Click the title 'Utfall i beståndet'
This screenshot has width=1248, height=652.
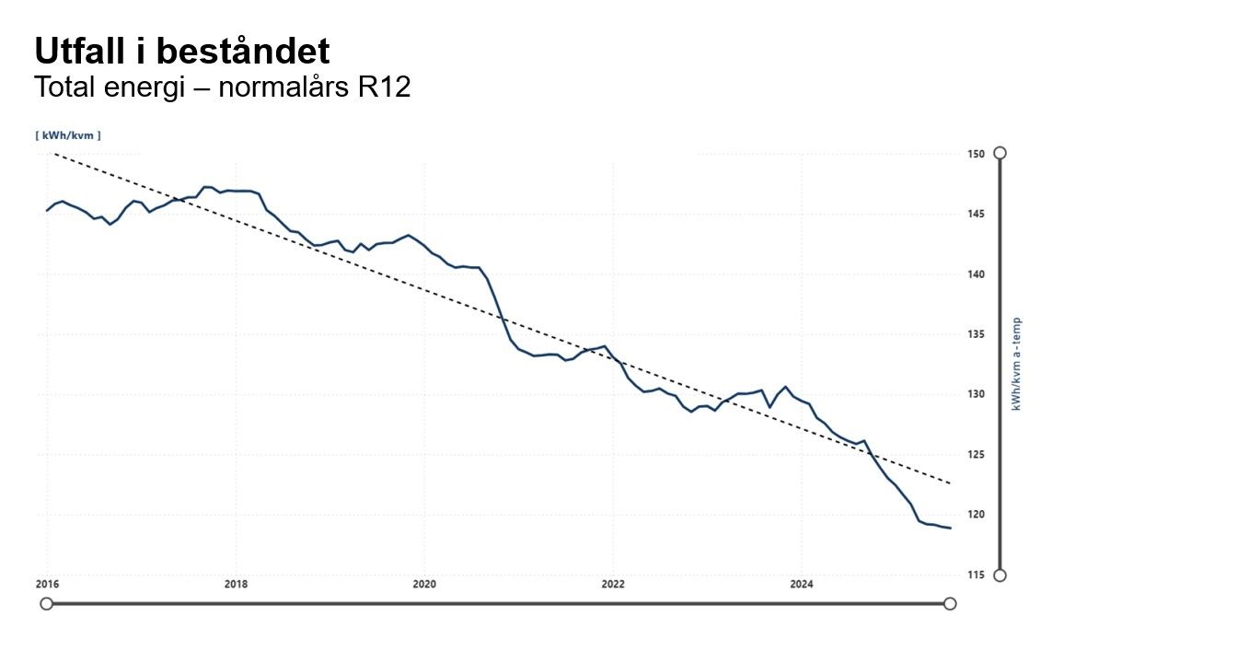[181, 52]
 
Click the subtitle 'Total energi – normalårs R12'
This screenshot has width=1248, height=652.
[222, 88]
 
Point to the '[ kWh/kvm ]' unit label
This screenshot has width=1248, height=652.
[68, 135]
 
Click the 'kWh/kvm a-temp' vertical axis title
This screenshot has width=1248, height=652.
[1017, 364]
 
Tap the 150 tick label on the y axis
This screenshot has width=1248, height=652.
[976, 154]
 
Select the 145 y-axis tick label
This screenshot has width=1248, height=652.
[976, 215]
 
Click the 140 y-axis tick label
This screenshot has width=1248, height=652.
[976, 274]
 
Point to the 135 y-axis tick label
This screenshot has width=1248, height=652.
[976, 335]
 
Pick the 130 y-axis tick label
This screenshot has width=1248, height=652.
[976, 395]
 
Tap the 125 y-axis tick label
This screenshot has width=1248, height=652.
[976, 455]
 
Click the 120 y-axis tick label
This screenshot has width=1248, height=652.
[976, 515]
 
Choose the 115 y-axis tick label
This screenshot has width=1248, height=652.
[976, 576]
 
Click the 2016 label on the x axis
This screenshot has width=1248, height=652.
[47, 584]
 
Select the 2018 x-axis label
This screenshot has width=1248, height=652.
[236, 584]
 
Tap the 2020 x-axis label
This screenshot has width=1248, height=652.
[424, 584]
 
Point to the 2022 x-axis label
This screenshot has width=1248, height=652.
[613, 584]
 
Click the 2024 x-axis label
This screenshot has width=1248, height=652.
[802, 584]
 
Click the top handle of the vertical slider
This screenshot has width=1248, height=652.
[1000, 153]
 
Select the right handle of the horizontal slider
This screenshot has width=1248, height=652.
[950, 603]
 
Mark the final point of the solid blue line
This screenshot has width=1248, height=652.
[950, 528]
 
